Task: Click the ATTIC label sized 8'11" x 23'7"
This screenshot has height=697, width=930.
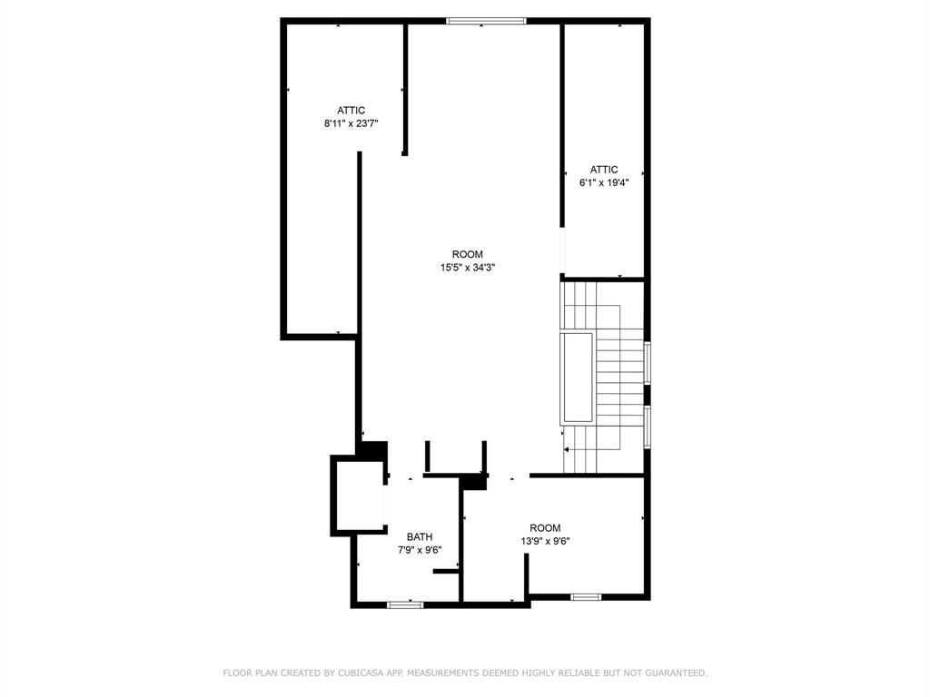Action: [x=351, y=110]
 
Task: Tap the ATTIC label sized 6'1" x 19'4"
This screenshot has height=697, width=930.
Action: [x=604, y=170]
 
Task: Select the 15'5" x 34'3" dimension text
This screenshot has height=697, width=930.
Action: [x=468, y=268]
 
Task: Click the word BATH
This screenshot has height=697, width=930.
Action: [x=420, y=537]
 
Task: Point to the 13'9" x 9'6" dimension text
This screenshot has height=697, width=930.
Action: [x=545, y=541]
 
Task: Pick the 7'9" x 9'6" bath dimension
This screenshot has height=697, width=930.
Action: [x=420, y=550]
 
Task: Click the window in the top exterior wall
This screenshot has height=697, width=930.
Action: [x=486, y=22]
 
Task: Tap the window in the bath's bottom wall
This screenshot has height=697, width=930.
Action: [x=405, y=604]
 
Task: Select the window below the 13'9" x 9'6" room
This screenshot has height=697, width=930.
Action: [x=586, y=597]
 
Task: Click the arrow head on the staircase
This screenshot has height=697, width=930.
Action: [x=567, y=450]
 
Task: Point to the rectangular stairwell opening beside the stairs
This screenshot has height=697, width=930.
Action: [x=577, y=378]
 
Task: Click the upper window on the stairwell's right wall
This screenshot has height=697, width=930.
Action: [x=648, y=363]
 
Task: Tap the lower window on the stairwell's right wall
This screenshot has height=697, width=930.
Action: [x=648, y=427]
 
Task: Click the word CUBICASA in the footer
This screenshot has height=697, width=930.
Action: [x=358, y=672]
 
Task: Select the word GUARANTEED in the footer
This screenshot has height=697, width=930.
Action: [x=678, y=672]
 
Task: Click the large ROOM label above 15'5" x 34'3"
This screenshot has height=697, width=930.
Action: [x=468, y=254]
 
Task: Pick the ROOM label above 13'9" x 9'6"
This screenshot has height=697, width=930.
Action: [x=545, y=528]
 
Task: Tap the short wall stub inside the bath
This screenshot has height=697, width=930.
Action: [x=446, y=572]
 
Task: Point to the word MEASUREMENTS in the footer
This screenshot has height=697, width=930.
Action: [x=442, y=672]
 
